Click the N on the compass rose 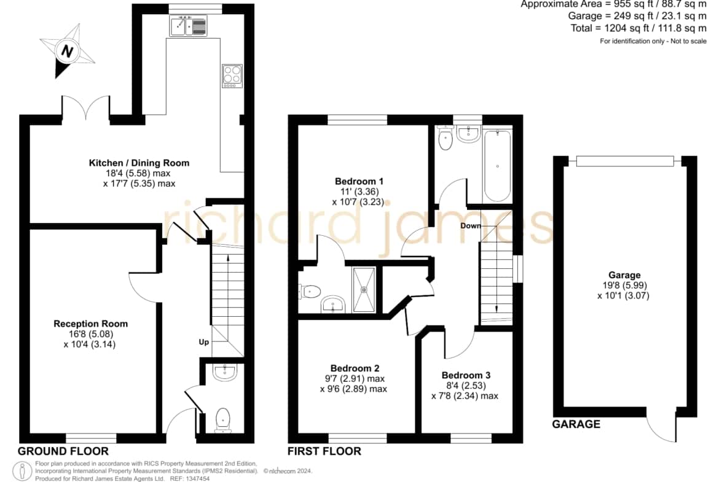68,51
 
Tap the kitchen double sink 188,26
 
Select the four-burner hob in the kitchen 232,76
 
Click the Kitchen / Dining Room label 139,163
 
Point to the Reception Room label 91,324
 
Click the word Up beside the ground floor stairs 204,342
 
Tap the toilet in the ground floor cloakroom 223,419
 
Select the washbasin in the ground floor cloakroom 224,372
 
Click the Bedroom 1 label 359,181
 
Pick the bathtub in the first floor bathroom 497,166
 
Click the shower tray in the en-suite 364,290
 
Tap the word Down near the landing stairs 471,225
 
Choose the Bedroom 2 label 355,368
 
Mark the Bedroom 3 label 466,375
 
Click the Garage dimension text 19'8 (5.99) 624,286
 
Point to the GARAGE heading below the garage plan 576,424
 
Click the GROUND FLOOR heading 63,451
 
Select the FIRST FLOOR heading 324,451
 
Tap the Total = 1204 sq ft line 638,28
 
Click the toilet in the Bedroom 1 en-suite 310,291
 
